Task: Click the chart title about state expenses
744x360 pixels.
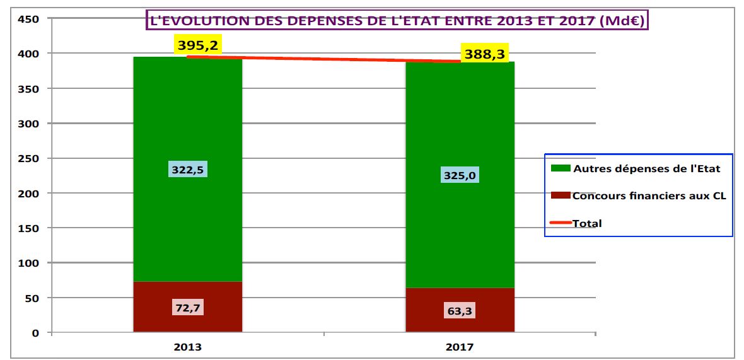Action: tap(398, 20)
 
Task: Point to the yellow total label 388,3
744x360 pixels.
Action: tap(484, 54)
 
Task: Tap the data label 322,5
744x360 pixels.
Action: tap(188, 170)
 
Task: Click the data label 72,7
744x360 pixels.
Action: tap(188, 308)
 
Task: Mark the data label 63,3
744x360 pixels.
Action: tap(460, 311)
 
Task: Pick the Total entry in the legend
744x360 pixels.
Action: tap(586, 223)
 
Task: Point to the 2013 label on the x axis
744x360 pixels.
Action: tap(187, 347)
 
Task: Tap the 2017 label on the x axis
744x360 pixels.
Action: tap(460, 347)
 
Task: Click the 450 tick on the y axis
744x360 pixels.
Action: tap(30, 19)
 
